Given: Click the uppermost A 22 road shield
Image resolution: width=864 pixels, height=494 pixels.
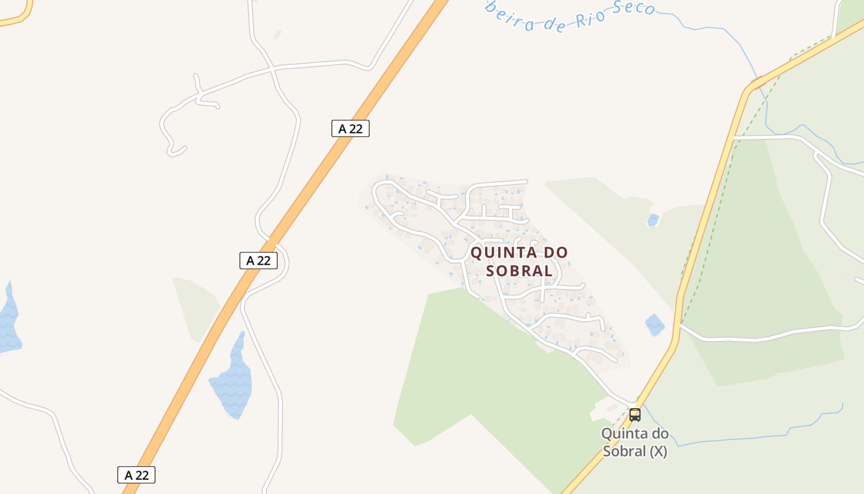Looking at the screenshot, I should click(350, 128).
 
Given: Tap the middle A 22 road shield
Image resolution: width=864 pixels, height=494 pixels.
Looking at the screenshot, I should click(258, 261).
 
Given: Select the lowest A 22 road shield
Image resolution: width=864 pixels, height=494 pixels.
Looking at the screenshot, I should click(136, 475).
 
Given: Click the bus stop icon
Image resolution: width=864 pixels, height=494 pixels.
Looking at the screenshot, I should click(635, 415).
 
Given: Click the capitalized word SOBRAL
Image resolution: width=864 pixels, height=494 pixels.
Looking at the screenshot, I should click(520, 270).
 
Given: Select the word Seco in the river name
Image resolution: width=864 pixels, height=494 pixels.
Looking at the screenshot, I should click(633, 9).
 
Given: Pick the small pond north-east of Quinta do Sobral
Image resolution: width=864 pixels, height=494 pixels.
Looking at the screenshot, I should click(652, 220).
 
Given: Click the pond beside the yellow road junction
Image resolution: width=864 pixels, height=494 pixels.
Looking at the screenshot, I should click(654, 324).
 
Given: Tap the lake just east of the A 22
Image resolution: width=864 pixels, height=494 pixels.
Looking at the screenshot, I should click(233, 378).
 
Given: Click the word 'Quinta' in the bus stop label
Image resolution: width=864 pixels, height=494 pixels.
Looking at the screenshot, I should click(626, 434).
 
